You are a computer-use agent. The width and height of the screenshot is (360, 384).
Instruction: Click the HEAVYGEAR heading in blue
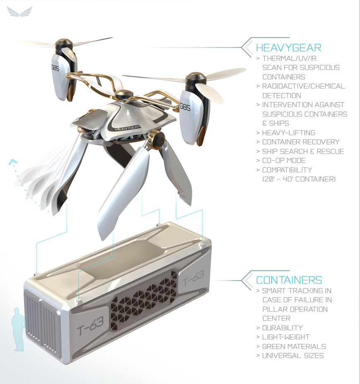288,48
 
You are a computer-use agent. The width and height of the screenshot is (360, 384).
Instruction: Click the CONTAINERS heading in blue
289,280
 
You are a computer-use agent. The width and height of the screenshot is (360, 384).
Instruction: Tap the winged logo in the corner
19,12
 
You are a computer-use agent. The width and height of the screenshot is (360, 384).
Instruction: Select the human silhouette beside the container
19,329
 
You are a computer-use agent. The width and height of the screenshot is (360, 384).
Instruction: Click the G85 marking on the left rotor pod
55,68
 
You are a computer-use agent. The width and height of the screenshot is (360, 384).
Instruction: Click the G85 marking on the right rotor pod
185,107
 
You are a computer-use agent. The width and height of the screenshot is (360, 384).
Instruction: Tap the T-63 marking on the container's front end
90,325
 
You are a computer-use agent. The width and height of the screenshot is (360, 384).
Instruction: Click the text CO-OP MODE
284,161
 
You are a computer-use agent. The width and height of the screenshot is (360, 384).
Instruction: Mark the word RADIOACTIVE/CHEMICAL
304,86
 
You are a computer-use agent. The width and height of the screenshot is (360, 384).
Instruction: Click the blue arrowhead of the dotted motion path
12,162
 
